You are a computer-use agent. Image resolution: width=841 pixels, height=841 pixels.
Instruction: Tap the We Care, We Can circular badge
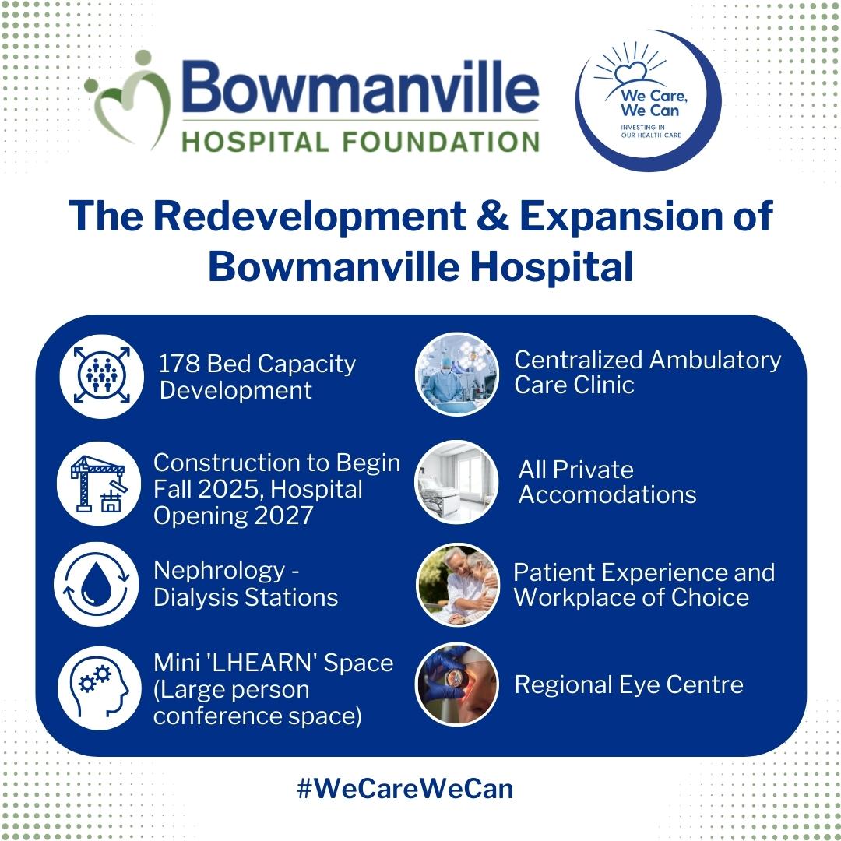pyautogui.click(x=649, y=100)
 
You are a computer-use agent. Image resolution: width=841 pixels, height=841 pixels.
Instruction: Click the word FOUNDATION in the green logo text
pyautogui.click(x=440, y=143)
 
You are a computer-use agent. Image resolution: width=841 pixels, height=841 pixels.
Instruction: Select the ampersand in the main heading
pyautogui.click(x=492, y=216)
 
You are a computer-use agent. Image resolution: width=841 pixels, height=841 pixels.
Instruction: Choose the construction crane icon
pyautogui.click(x=99, y=484)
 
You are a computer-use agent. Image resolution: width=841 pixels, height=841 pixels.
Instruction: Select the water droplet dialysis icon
pyautogui.click(x=97, y=584)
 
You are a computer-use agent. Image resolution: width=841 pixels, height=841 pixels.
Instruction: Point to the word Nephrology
pyautogui.click(x=220, y=572)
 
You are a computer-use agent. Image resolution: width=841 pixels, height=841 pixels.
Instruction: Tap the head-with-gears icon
pyautogui.click(x=100, y=688)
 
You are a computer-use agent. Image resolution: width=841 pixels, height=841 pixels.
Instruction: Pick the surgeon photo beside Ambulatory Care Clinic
pyautogui.click(x=457, y=374)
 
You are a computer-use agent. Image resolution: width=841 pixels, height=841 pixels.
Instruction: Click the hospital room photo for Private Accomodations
pyautogui.click(x=457, y=482)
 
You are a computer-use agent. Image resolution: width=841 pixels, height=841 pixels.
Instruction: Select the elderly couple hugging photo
pyautogui.click(x=458, y=585)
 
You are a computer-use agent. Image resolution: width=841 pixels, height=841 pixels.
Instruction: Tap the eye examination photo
pyautogui.click(x=457, y=685)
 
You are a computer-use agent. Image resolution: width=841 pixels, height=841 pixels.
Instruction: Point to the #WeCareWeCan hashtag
pyautogui.click(x=405, y=789)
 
